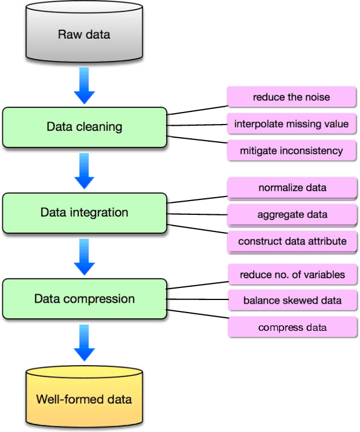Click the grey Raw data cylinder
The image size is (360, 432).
tap(84, 34)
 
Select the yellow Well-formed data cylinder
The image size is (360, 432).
tap(84, 398)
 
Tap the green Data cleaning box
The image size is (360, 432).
tap(85, 126)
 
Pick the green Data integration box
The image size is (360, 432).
tap(85, 213)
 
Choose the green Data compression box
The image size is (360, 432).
tap(85, 299)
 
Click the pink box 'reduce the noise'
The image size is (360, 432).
tap(291, 97)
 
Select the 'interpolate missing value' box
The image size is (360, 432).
tap(291, 124)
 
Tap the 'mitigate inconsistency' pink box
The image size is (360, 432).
tap(291, 151)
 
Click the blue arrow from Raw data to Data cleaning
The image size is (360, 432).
tap(84, 86)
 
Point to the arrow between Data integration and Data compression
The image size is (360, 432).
tap(84, 258)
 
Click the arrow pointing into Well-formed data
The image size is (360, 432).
tap(84, 343)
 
